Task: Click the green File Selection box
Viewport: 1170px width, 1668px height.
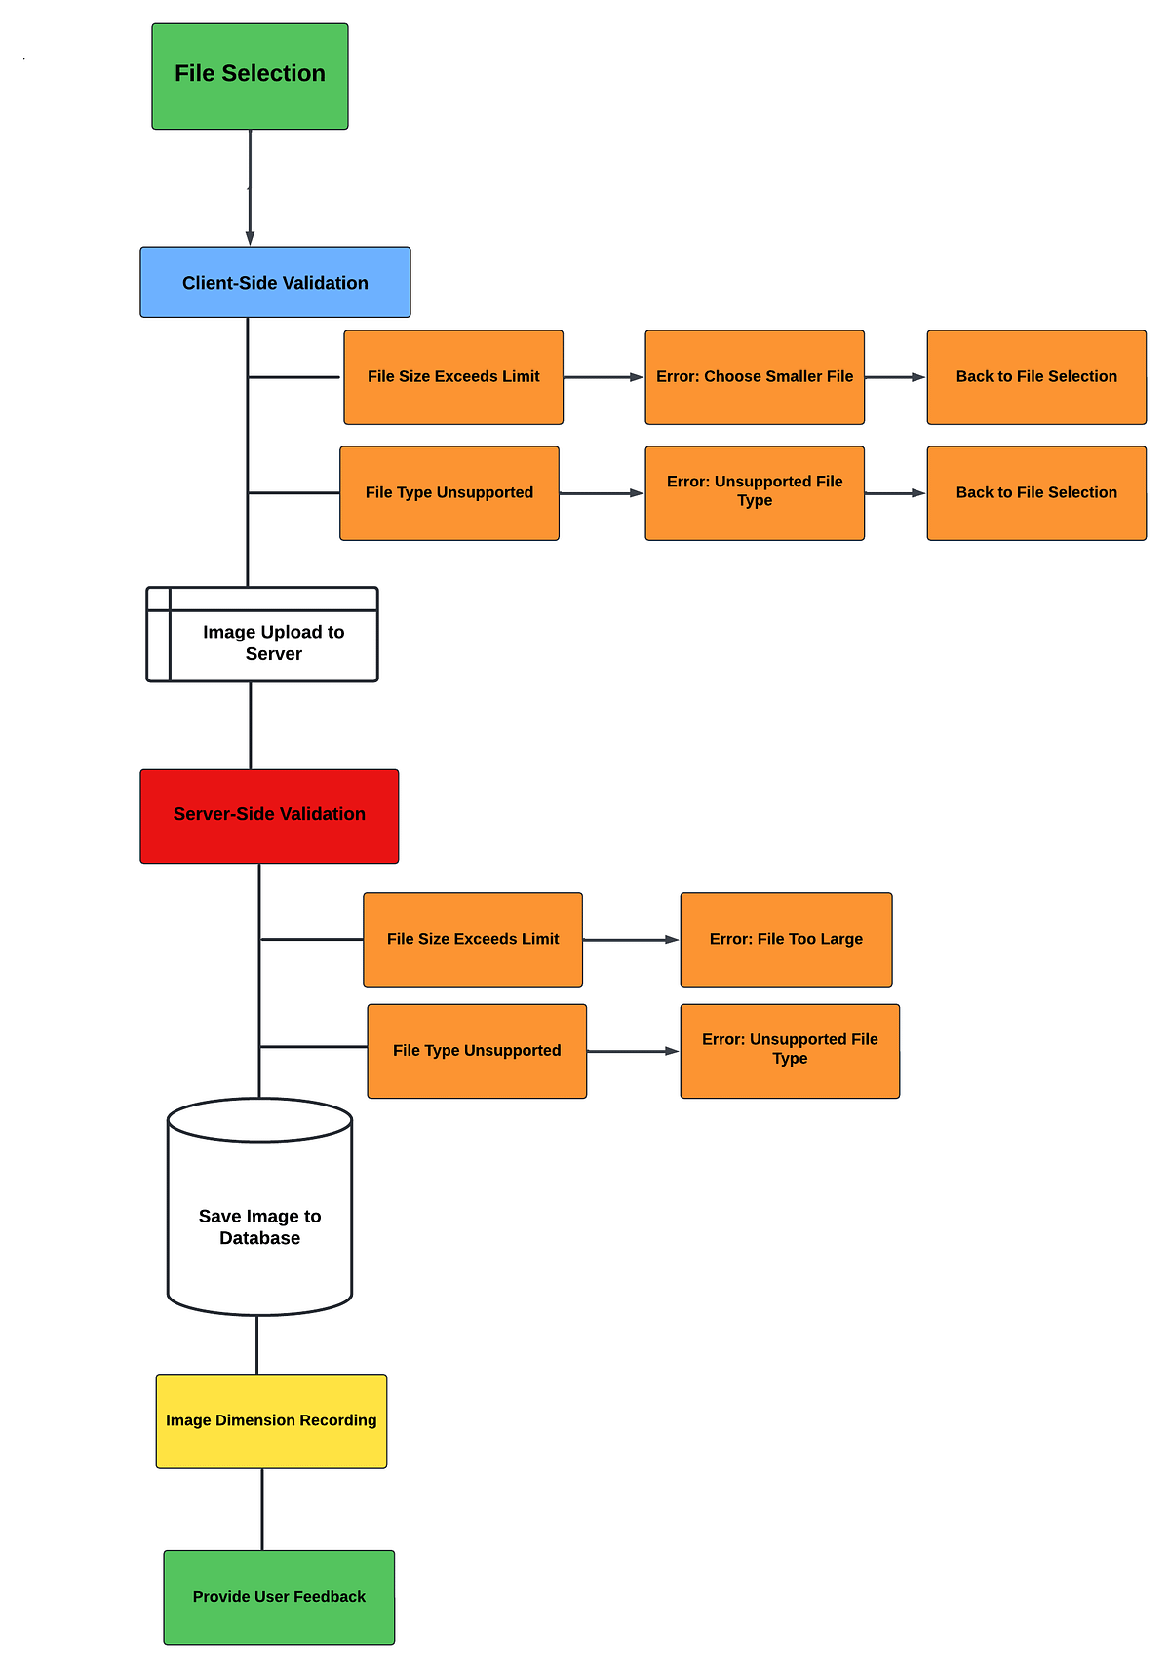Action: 250,76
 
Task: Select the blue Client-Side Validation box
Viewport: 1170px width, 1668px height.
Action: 275,282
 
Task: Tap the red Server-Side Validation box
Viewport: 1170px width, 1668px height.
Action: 269,815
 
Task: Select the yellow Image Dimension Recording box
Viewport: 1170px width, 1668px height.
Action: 271,1420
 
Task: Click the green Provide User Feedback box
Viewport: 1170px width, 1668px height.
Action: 279,1597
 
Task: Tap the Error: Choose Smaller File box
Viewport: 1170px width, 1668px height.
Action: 755,377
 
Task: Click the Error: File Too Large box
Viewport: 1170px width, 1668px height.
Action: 786,939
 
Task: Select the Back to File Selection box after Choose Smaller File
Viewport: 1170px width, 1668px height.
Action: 1036,377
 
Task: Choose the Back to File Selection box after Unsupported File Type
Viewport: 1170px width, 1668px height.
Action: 1036,492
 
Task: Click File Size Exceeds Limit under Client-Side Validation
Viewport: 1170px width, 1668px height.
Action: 453,377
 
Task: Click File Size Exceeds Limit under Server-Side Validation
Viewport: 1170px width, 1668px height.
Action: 473,939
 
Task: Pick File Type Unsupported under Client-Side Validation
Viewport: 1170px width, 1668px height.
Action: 449,493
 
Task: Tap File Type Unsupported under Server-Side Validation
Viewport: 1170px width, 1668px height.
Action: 477,1051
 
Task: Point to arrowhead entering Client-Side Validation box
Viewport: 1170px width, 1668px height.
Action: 250,239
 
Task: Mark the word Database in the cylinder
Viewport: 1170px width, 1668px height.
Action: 259,1238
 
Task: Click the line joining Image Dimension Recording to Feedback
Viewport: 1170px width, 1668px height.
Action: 262,1509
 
